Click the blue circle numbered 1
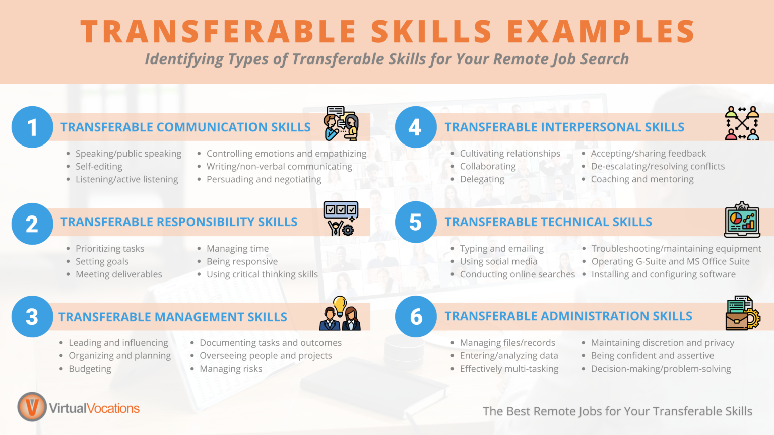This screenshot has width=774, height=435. (x=32, y=127)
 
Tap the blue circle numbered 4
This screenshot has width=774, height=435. (x=416, y=127)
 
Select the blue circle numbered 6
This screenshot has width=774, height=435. (x=416, y=316)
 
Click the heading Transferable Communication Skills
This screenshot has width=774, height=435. (x=185, y=127)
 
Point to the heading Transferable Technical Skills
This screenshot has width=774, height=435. (x=548, y=222)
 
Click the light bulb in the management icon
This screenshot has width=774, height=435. (x=340, y=305)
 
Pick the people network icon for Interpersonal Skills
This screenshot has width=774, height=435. (x=742, y=123)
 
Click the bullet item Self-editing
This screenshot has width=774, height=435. (x=99, y=166)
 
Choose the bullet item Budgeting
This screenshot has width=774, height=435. (x=90, y=369)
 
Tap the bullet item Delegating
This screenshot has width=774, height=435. (x=482, y=179)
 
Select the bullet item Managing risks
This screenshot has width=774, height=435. (x=231, y=369)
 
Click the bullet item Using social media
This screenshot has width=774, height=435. (x=498, y=261)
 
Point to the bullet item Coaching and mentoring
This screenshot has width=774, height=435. (x=642, y=179)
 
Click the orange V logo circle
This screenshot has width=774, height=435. (x=32, y=407)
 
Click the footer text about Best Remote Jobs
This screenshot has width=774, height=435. (x=617, y=411)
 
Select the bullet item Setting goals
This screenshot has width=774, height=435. (x=102, y=261)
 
